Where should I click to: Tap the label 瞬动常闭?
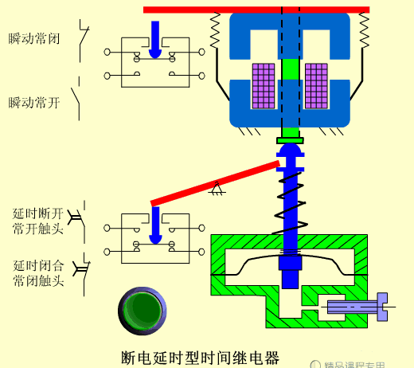coord(33,38)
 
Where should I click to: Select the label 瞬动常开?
coord(33,103)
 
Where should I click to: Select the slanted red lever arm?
coord(215,183)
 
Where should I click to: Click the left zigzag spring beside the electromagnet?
coord(214,32)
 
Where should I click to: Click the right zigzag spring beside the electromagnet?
coord(364,32)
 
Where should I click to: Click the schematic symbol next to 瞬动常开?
coord(78,103)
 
